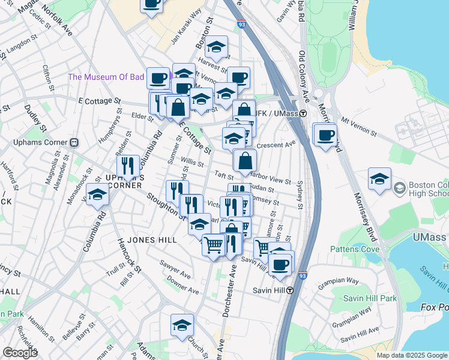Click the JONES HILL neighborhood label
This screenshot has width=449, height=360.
point(151,240)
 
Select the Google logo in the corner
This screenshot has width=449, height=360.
point(20,353)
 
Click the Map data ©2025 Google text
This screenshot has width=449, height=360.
point(412,355)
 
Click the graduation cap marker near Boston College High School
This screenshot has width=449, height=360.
point(379,179)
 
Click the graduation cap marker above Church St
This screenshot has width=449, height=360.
point(182,325)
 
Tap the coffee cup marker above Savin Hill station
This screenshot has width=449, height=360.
point(280,264)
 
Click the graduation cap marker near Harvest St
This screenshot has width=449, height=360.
point(217,46)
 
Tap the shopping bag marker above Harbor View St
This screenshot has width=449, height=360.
point(245,161)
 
